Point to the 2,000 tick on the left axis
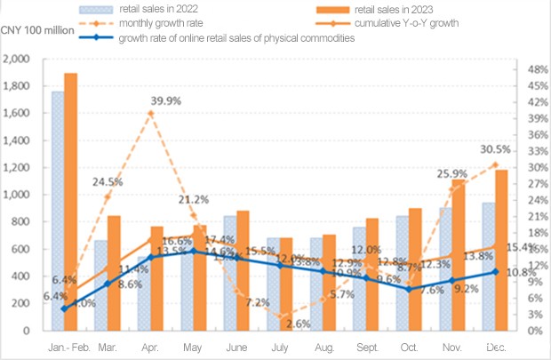[x=19, y=60]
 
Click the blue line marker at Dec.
[x=496, y=272]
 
